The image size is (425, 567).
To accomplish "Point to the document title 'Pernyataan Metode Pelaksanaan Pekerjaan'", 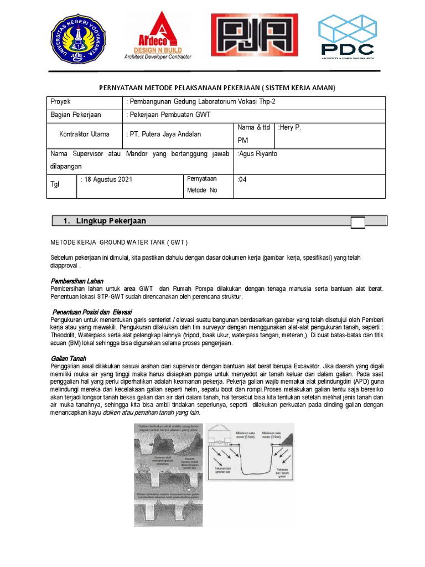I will pyautogui.click(x=217, y=88).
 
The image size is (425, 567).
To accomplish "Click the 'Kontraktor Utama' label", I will pyautogui.click(x=84, y=134).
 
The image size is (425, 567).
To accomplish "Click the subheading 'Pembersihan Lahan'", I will pyautogui.click(x=77, y=281).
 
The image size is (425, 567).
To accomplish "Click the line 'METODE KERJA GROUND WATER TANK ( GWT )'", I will pyautogui.click(x=119, y=243).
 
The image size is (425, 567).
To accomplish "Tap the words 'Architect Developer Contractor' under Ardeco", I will pyautogui.click(x=158, y=56).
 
